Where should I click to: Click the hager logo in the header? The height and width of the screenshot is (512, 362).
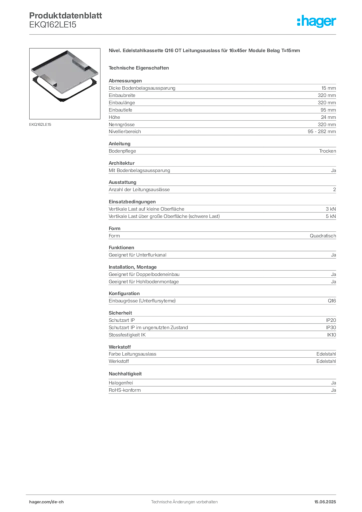pos(316,21)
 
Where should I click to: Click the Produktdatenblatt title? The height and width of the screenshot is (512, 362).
pos(65,15)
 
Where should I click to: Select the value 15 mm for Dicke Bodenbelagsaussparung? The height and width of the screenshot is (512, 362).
pos(328,88)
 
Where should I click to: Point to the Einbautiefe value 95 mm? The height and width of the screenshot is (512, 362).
pos(328,110)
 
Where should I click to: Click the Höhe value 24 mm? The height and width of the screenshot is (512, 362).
pos(328,117)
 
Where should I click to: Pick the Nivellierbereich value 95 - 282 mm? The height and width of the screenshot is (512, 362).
pos(321,131)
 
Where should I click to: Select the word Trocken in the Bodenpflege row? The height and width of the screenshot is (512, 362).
pos(327,151)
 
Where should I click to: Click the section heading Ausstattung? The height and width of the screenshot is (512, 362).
pos(122,182)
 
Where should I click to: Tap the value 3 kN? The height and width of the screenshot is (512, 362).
pos(330,209)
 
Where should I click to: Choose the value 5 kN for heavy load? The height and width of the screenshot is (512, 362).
pos(330,216)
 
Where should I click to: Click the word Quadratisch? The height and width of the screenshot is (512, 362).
pos(323,236)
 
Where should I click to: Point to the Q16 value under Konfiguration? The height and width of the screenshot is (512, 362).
pos(331,300)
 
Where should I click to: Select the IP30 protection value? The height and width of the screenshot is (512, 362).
pos(331,327)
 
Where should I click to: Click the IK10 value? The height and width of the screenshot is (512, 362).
pos(331,334)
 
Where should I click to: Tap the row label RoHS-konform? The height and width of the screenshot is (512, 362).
pos(124,390)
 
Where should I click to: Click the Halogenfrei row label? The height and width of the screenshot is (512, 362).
pos(121,382)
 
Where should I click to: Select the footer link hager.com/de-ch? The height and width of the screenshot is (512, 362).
pos(46,502)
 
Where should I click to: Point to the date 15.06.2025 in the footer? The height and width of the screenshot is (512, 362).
pos(325,502)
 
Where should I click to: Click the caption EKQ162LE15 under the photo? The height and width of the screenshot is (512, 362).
pos(40,124)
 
